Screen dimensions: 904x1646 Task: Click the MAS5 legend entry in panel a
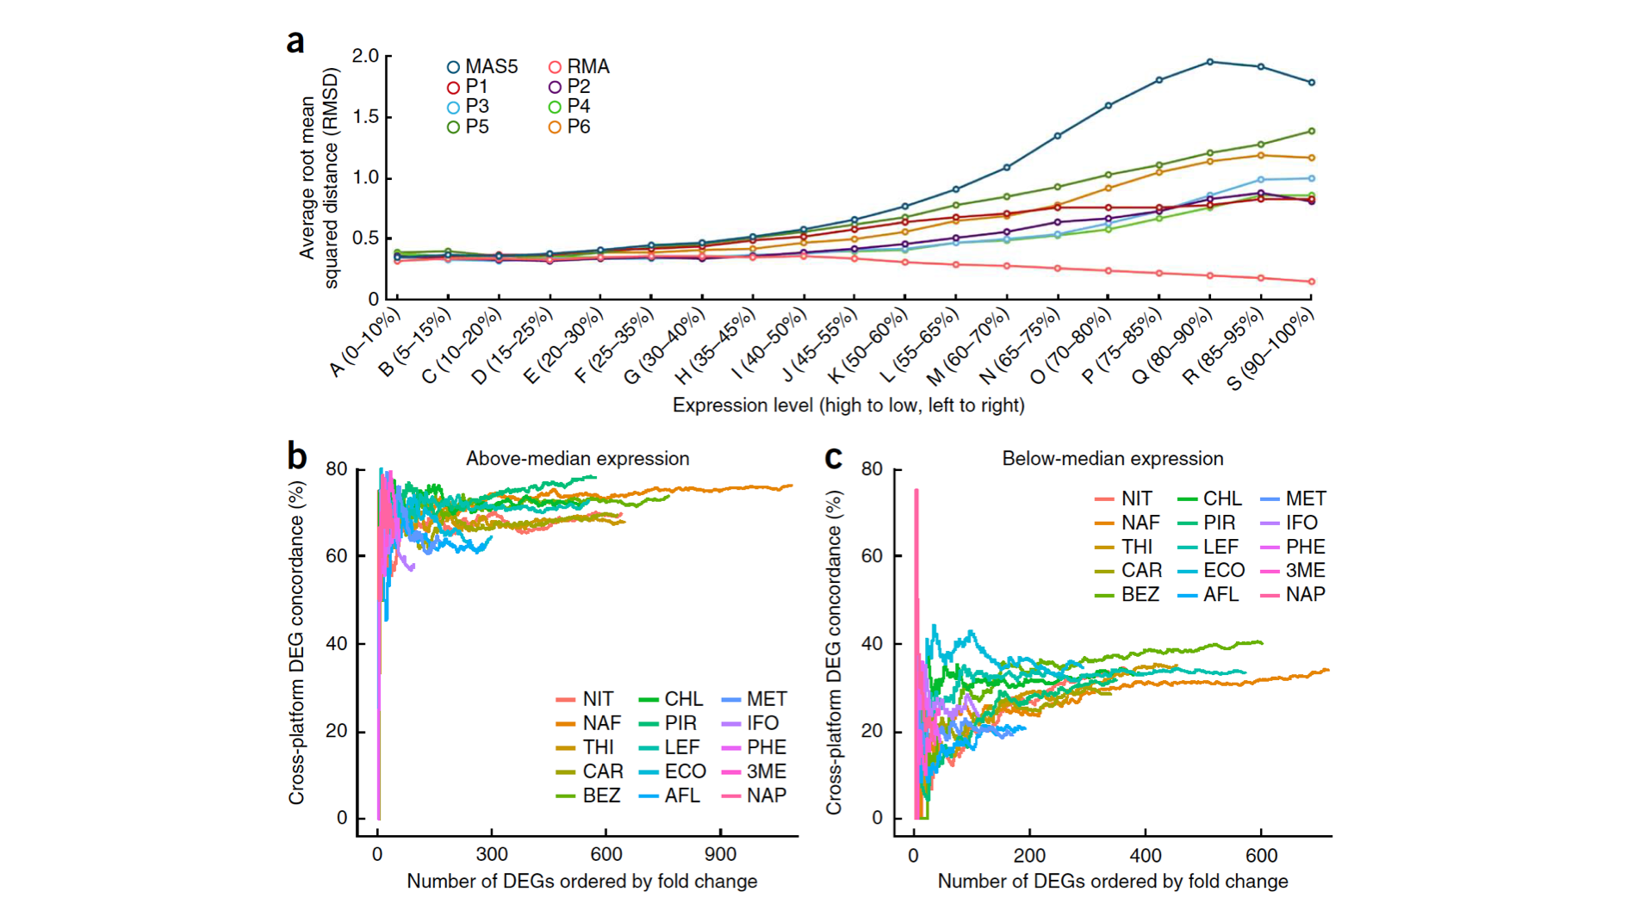coord(482,67)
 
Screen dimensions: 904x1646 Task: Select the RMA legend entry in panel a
coord(580,67)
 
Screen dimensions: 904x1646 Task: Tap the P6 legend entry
coord(570,127)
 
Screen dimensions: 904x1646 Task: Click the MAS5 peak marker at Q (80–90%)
coord(1210,62)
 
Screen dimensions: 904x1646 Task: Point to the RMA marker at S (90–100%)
coord(1312,282)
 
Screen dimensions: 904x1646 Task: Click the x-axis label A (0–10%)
coord(367,344)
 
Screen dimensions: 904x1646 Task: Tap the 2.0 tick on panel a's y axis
coord(365,56)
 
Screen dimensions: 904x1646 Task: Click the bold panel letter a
coord(295,41)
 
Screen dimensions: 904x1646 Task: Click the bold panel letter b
coord(297,456)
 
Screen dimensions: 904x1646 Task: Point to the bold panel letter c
coord(833,457)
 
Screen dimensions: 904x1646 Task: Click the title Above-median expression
coord(578,459)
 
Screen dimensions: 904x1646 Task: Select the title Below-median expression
coord(1113,459)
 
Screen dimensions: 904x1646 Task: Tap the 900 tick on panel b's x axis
coord(720,854)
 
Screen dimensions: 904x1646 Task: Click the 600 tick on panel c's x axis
coord(1262,856)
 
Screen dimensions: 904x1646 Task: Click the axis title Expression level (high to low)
coord(848,406)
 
